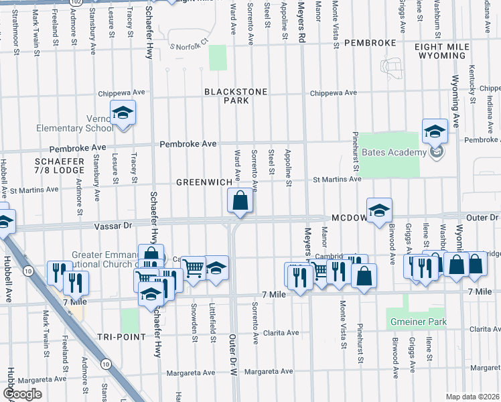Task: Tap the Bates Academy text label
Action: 394,152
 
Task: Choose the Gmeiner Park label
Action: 419,322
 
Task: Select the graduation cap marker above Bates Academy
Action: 434,129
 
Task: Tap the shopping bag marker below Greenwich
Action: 240,200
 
